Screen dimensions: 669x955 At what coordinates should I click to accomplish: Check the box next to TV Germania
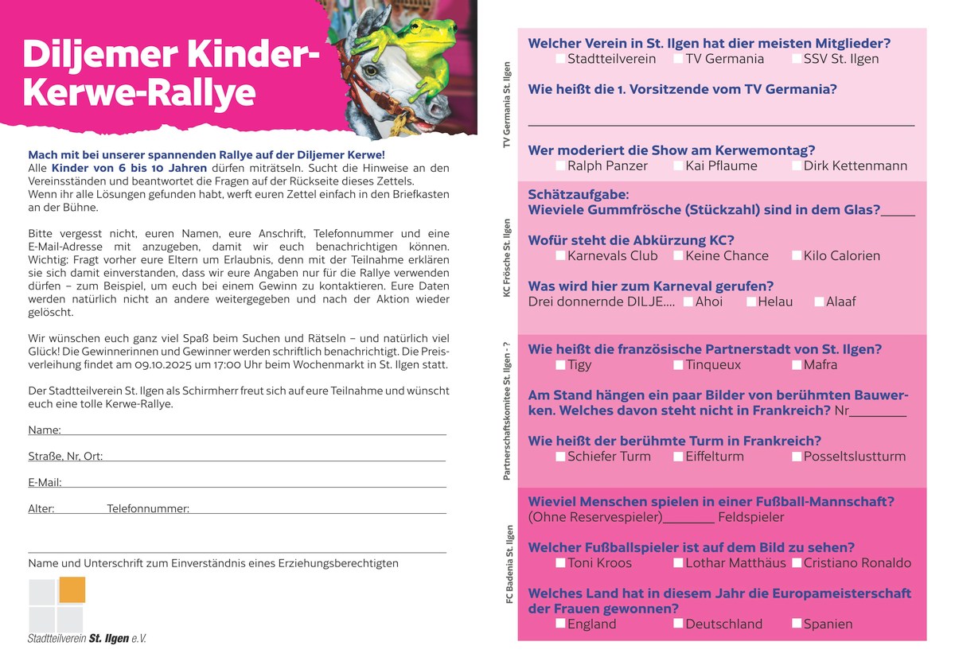pos(678,59)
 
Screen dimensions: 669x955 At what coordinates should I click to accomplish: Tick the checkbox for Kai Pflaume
pos(678,166)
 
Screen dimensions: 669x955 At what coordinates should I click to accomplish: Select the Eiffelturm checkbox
pos(678,457)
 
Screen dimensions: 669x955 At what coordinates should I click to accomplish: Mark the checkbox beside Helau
pos(751,301)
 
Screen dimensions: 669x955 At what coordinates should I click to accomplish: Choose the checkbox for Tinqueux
pos(678,365)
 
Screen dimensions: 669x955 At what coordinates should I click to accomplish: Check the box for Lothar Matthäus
pos(678,563)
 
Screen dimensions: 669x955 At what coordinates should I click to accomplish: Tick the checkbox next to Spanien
pos(797,624)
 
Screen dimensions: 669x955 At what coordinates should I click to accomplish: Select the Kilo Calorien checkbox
pos(797,256)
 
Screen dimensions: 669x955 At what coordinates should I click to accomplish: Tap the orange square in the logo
pos(72,589)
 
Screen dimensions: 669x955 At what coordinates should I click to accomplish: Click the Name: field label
pos(45,430)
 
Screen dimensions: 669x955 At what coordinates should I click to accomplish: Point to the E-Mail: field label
pos(45,482)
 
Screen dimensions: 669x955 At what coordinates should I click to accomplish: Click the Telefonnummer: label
pos(148,508)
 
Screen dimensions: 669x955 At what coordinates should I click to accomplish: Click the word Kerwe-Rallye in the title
pos(139,93)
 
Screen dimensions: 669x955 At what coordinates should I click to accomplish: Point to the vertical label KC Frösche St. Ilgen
pos(507,259)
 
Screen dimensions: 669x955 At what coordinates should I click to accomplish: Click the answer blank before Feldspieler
pos(688,518)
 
